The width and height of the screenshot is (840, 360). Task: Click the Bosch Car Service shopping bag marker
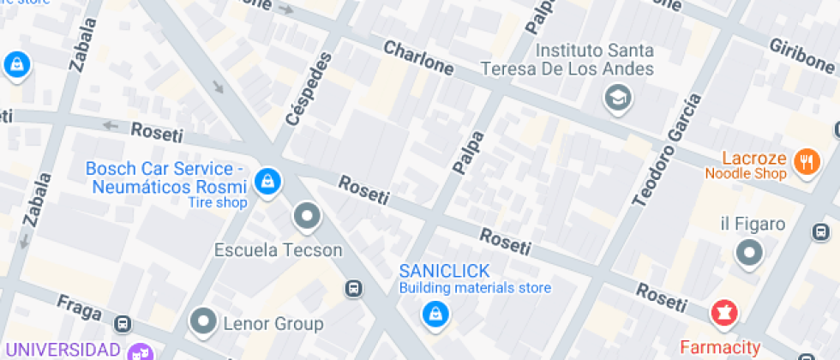pos(268,181)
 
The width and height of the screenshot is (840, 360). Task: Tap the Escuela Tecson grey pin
pos(306,216)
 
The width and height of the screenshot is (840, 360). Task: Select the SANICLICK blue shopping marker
pos(435,315)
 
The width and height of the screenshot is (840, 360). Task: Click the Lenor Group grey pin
pos(204,321)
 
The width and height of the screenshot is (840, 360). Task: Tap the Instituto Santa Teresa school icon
pos(616,98)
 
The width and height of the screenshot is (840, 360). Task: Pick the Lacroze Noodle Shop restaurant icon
pos(805,160)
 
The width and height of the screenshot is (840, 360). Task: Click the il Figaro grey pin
pos(750,252)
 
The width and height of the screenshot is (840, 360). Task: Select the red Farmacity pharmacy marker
pos(723,312)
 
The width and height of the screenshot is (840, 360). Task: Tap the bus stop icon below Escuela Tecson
pos(353,288)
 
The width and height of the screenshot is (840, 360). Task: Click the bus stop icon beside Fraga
pos(123,324)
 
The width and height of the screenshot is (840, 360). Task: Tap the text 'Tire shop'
pos(218,203)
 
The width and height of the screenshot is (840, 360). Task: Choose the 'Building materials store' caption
pos(475,288)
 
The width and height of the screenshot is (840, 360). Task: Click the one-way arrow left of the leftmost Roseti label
pos(110,126)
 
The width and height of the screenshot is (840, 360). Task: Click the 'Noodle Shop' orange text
pos(745,174)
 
